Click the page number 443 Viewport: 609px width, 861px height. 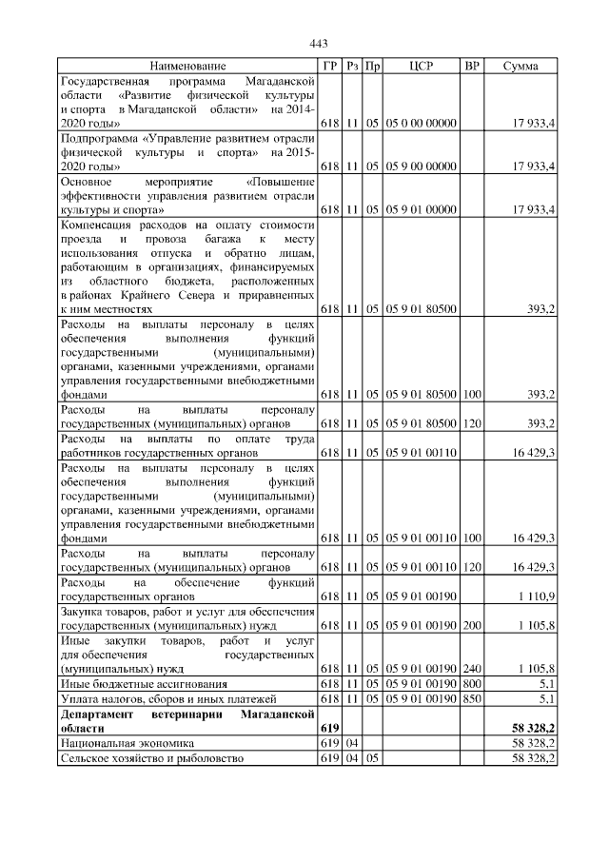point(319,44)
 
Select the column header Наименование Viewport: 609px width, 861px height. point(188,66)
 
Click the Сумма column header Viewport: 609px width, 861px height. point(521,66)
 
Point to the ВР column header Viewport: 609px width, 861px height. point(472,66)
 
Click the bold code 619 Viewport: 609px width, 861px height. point(328,728)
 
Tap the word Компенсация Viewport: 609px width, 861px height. point(97,225)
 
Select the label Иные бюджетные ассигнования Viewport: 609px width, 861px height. point(144,684)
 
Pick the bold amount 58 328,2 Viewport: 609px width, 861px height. point(534,728)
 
